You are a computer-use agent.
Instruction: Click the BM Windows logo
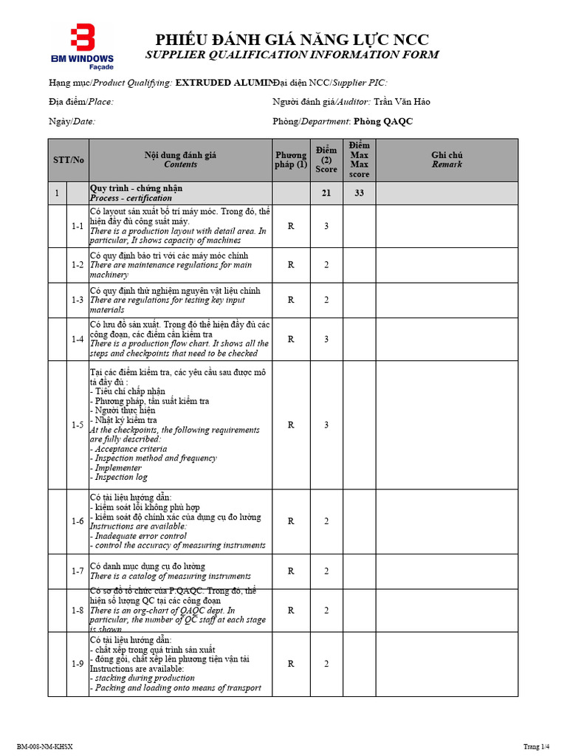click(82, 46)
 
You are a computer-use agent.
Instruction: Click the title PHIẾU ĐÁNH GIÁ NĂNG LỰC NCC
click(292, 40)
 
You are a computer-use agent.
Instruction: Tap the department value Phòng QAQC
click(383, 121)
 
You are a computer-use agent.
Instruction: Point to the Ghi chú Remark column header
click(447, 159)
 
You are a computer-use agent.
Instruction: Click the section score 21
click(326, 193)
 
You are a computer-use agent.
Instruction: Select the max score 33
click(360, 193)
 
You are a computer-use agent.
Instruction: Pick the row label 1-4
click(78, 339)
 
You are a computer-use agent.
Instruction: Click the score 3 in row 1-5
click(326, 425)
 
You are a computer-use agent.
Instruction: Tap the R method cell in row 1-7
click(291, 571)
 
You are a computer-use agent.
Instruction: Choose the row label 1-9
click(78, 664)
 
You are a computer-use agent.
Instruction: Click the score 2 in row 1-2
click(326, 264)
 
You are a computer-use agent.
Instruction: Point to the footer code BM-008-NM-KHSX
click(45, 747)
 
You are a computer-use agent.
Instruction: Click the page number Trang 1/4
click(537, 747)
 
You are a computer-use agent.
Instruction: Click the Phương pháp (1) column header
click(291, 159)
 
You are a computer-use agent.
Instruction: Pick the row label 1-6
click(78, 521)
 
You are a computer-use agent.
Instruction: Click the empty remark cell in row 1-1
click(447, 226)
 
